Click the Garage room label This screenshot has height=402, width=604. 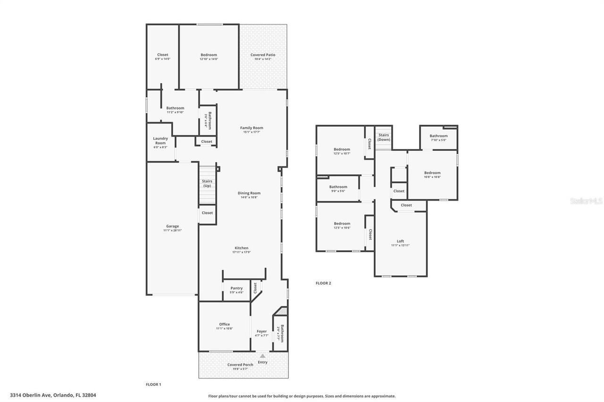pyautogui.click(x=172, y=226)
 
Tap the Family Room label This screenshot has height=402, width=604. pyautogui.click(x=252, y=128)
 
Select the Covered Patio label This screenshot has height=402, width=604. pyautogui.click(x=263, y=55)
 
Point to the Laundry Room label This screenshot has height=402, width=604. pyautogui.click(x=160, y=140)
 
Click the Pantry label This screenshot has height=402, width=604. pyautogui.click(x=236, y=288)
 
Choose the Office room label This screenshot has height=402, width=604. pyautogui.click(x=224, y=324)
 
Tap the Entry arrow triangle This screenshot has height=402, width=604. pyautogui.click(x=263, y=356)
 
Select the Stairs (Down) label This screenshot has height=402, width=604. pyautogui.click(x=384, y=137)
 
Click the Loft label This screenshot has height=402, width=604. pyautogui.click(x=400, y=241)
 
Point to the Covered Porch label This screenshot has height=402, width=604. pyautogui.click(x=240, y=365)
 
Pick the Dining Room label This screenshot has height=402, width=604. pyautogui.click(x=249, y=193)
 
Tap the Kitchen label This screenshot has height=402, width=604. pyautogui.click(x=241, y=248)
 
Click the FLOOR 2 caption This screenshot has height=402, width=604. pyautogui.click(x=323, y=283)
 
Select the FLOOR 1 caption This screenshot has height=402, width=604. pyautogui.click(x=153, y=385)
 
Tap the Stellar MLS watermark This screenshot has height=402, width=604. pyautogui.click(x=586, y=201)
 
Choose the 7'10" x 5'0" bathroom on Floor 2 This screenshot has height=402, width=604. pyautogui.click(x=438, y=138)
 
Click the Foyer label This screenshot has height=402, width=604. pyautogui.click(x=261, y=331)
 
